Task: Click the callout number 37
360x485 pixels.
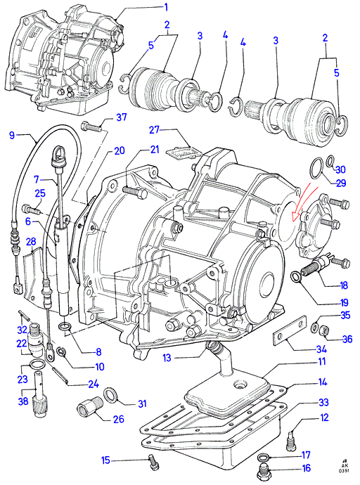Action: [121, 117]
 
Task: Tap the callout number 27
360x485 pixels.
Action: [154, 129]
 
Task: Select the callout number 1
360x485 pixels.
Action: [166, 7]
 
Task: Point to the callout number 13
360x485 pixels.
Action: [167, 358]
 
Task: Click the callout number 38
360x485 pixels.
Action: [23, 401]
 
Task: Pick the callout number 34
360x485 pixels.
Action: [321, 349]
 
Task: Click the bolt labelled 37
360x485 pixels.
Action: [91, 127]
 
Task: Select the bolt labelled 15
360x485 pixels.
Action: [154, 463]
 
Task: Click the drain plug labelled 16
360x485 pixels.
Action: [264, 470]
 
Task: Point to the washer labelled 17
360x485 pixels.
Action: [263, 457]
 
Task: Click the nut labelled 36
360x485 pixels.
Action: [324, 330]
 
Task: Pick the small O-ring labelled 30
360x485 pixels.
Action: [330, 160]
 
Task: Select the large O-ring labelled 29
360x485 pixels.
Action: [316, 168]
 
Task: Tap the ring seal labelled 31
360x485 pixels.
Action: [110, 394]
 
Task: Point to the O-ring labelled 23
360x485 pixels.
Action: [36, 365]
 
